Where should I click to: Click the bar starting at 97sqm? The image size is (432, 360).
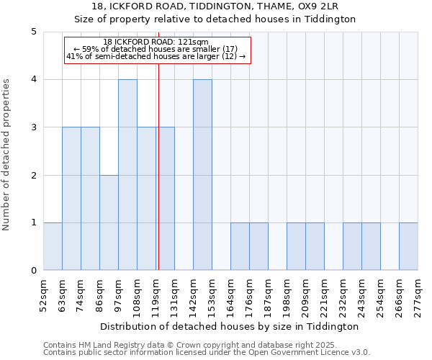click(x=127, y=175)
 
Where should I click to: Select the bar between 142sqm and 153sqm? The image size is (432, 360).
click(x=202, y=175)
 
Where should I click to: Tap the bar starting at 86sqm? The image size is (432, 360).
click(x=109, y=222)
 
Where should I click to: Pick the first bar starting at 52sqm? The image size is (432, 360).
click(x=53, y=246)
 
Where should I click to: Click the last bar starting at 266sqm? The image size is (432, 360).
click(x=408, y=246)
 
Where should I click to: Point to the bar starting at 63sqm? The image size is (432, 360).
click(x=71, y=199)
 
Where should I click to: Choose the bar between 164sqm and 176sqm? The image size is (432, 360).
click(x=240, y=246)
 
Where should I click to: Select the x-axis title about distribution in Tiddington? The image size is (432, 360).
click(x=230, y=326)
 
